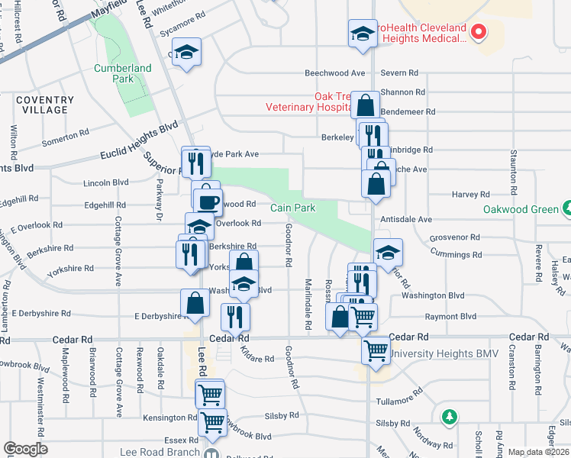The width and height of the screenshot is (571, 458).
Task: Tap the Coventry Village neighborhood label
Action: (44, 105)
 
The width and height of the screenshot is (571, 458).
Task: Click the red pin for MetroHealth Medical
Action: (479, 31)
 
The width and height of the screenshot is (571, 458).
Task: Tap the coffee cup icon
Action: (208, 202)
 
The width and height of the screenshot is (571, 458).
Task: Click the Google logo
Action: (25, 449)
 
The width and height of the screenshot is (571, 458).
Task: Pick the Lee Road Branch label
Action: (159, 452)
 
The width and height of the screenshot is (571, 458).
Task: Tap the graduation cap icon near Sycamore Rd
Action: (185, 53)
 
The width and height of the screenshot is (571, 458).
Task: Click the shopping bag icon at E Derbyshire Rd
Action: (195, 302)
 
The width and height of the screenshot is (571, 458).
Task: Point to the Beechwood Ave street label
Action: (335, 73)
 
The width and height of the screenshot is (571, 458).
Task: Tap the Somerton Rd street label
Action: (72, 137)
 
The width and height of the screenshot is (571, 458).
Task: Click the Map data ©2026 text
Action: (539, 452)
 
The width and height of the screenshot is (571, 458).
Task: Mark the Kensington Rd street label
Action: (170, 418)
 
